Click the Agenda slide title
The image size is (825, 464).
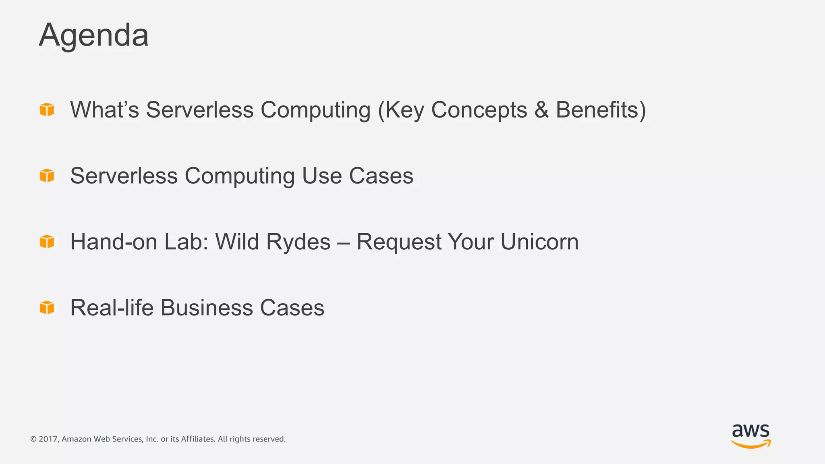coord(93,35)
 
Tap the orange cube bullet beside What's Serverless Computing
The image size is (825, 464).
coord(47,109)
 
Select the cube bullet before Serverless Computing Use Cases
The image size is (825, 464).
coord(47,175)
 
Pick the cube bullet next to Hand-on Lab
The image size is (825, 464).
coord(47,241)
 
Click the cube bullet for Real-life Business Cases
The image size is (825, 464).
coord(47,307)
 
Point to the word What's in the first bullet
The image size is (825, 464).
coord(104,110)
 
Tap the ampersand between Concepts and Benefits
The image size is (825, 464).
coord(541,110)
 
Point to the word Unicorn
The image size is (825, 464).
coord(539,242)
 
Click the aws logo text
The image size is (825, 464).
coord(750,431)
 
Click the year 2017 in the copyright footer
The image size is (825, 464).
coord(48,439)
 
